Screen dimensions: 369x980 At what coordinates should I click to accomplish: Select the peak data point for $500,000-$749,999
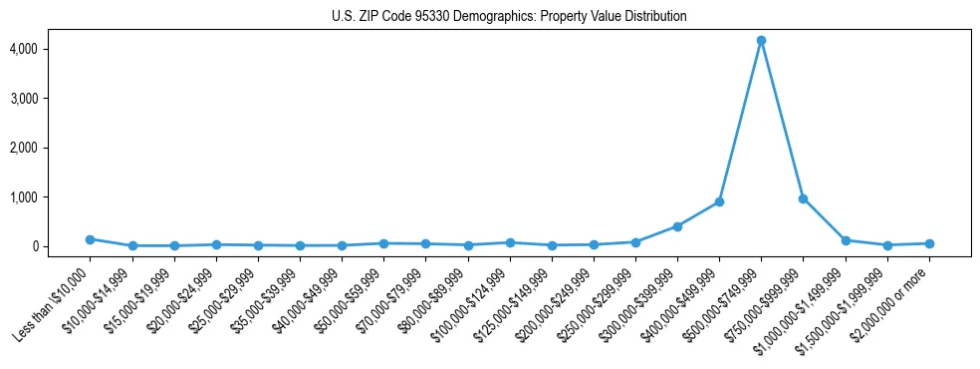click(761, 40)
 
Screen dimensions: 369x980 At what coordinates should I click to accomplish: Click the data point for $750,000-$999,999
click(803, 198)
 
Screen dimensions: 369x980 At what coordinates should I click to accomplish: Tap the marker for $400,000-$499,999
click(719, 201)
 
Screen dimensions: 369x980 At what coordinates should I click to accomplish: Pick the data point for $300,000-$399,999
click(677, 226)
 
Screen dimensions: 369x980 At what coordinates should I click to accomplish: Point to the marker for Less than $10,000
click(91, 239)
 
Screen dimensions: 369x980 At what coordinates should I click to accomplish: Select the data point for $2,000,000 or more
click(929, 243)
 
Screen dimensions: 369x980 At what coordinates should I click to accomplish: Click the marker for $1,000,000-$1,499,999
click(846, 240)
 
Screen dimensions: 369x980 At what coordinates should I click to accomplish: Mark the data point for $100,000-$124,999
click(510, 242)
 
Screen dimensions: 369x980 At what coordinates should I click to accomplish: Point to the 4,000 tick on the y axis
click(52, 49)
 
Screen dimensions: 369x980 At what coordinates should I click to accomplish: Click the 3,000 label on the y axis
click(52, 99)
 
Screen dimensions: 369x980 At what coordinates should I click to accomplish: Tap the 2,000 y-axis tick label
click(52, 148)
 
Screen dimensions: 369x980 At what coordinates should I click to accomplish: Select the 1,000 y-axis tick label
click(52, 197)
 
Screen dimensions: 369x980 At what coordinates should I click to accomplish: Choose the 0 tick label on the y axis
click(62, 246)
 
